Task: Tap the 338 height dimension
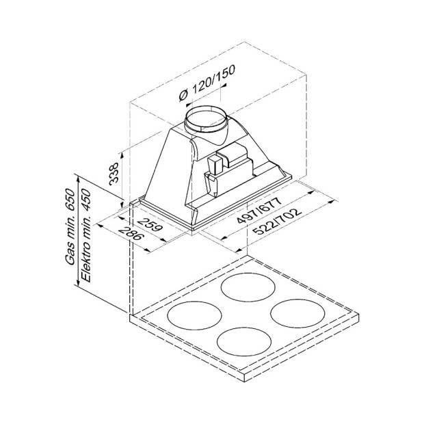pos(114,173)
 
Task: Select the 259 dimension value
pos(150,224)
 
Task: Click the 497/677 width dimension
pos(259,210)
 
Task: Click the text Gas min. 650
pos(70,226)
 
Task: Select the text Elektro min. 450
pos(86,235)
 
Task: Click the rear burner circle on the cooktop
pos(248,287)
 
